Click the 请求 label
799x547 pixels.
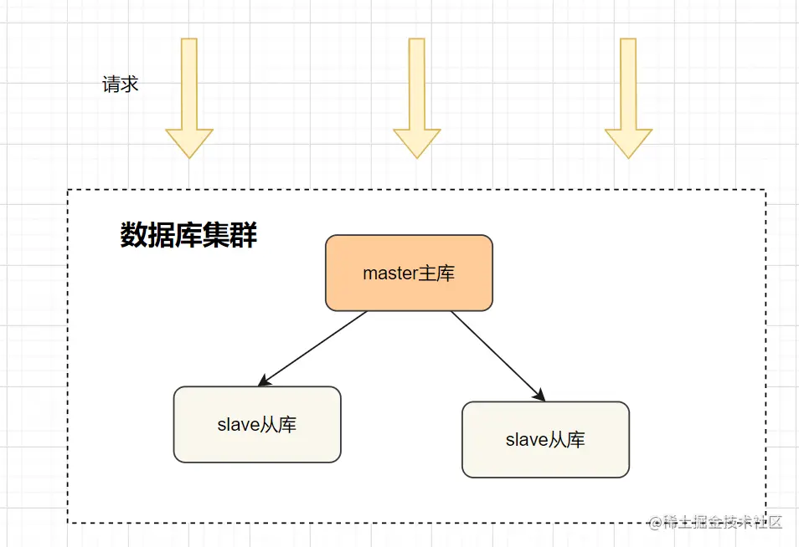[x=120, y=84]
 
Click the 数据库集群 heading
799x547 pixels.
[x=188, y=236]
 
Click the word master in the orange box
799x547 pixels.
[x=390, y=273]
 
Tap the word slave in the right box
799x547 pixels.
[x=526, y=440]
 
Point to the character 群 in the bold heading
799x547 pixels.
[x=244, y=236]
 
